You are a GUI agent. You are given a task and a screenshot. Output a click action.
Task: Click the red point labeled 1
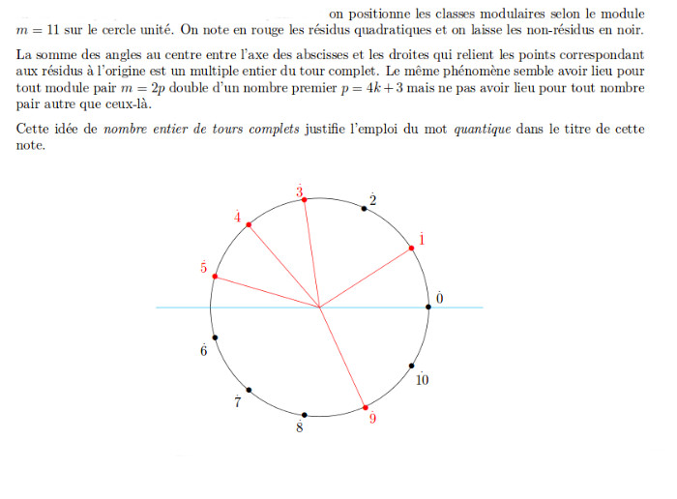(412, 249)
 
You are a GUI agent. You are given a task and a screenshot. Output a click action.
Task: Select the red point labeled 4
(250, 225)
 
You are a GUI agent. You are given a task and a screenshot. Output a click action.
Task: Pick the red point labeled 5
(215, 278)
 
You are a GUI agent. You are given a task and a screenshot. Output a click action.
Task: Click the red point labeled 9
(365, 408)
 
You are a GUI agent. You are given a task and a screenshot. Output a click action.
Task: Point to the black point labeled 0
(428, 307)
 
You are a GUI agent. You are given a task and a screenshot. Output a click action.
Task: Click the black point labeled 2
(364, 208)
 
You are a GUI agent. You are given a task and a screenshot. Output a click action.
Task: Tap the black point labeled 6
(215, 338)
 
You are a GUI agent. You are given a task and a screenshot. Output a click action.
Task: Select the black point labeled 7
(250, 390)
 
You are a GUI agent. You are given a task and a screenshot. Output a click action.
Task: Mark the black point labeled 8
(305, 415)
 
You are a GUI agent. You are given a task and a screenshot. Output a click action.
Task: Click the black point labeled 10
(412, 367)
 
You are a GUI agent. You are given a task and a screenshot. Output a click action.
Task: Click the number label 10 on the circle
(422, 380)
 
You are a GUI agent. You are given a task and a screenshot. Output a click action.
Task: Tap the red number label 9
(373, 420)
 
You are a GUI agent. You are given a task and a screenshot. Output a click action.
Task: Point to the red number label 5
(203, 267)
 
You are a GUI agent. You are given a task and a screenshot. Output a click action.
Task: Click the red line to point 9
(342, 358)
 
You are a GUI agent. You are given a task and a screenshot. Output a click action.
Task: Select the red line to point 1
(366, 278)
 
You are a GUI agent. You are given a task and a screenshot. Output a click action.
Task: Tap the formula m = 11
(37, 29)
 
